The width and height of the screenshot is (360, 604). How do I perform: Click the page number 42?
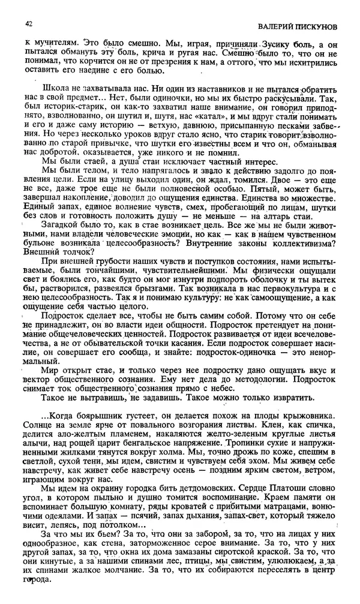[28, 24]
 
